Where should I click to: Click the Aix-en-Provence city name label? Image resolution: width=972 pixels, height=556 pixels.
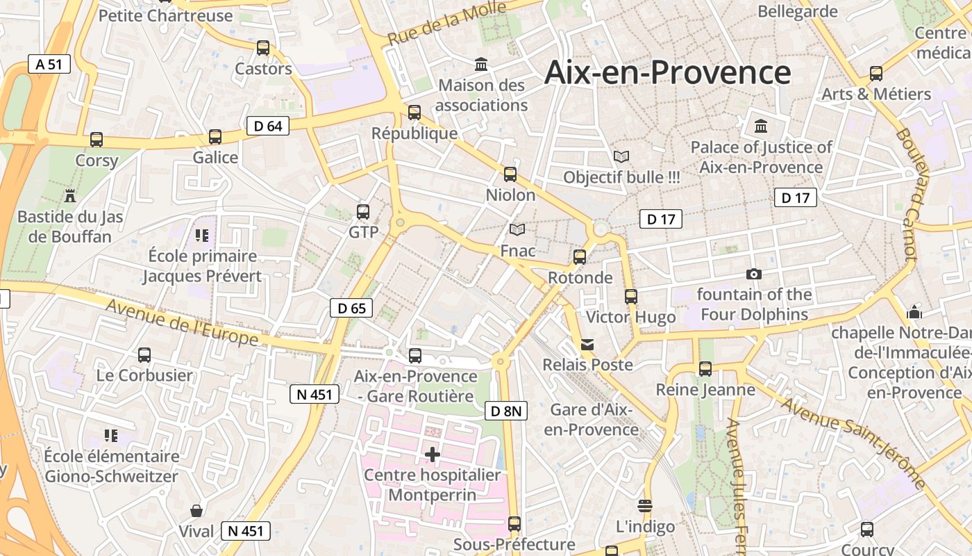(667, 72)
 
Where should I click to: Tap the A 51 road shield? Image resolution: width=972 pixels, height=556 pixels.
(49, 65)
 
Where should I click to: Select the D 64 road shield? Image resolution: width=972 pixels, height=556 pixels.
(267, 126)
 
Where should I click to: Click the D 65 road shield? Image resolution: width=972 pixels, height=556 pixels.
(351, 308)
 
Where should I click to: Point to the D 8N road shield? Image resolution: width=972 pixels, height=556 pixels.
(505, 411)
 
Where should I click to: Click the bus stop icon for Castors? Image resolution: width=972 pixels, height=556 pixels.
(263, 48)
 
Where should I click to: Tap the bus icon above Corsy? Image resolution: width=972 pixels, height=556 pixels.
(97, 140)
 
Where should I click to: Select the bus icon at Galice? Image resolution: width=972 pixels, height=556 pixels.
(215, 137)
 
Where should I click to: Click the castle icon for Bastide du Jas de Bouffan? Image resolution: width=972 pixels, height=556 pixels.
(69, 195)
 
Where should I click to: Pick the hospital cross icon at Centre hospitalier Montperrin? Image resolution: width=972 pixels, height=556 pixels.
(433, 455)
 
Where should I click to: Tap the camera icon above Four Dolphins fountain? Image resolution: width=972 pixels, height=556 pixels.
(753, 275)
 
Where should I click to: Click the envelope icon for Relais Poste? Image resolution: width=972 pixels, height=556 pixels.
(587, 344)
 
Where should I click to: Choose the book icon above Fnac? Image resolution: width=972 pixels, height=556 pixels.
(517, 229)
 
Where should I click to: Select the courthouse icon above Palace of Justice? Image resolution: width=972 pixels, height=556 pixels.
(761, 126)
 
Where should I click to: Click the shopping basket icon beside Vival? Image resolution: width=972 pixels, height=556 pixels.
(197, 511)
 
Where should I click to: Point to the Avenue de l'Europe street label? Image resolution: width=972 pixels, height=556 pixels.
(182, 322)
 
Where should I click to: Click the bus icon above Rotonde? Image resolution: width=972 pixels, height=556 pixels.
(580, 257)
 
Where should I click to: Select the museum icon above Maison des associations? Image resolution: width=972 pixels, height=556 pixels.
(481, 65)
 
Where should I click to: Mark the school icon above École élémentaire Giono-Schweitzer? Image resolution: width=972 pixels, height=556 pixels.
(111, 436)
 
